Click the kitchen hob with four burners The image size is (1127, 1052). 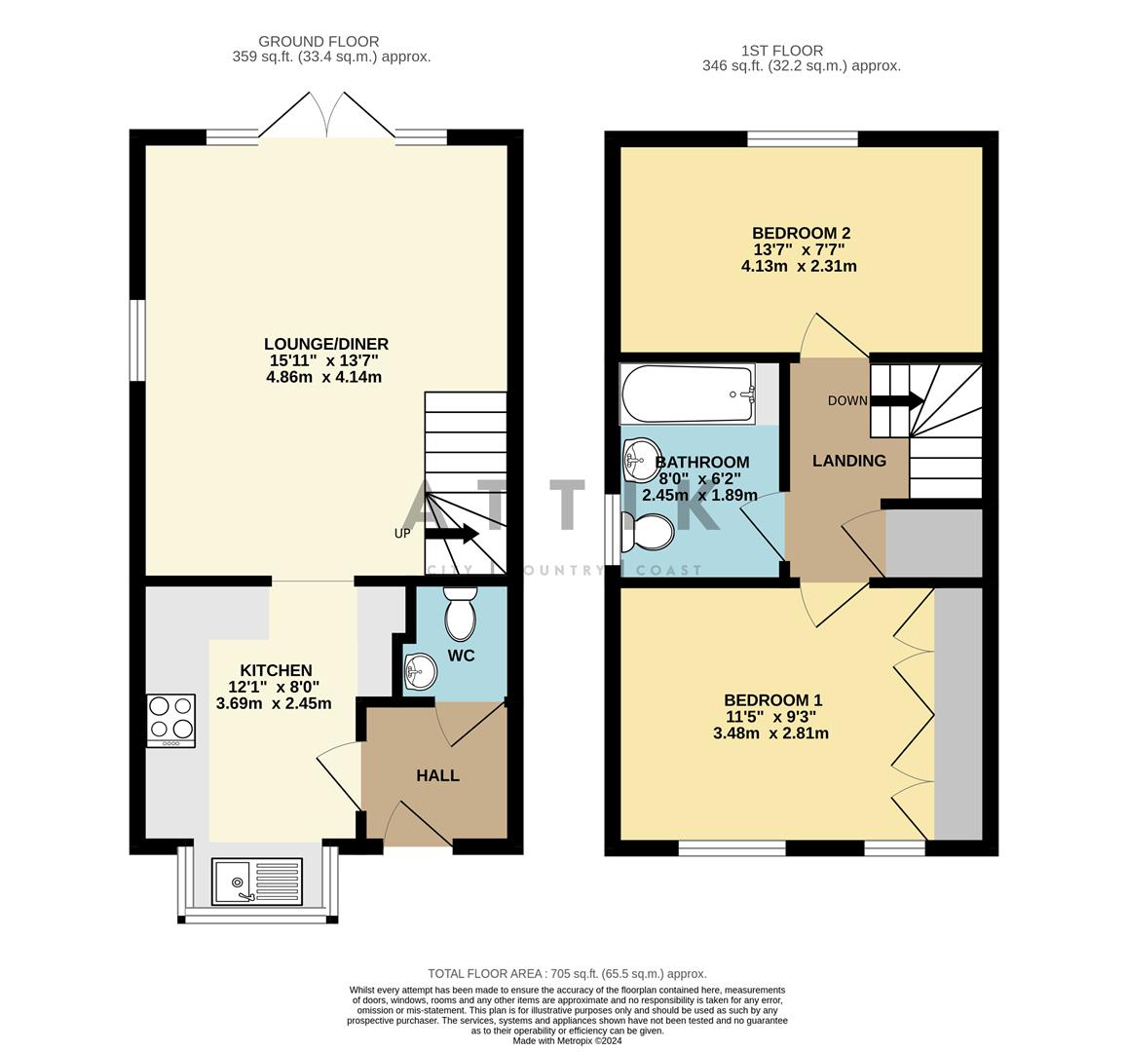pos(170,721)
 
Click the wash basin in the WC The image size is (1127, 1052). pos(421,671)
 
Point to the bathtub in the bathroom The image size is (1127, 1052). pos(689,394)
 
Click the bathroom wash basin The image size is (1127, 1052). pos(641,459)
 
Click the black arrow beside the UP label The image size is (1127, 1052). pos(452,533)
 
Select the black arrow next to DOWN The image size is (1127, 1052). pos(896,400)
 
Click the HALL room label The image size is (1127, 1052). pos(437,775)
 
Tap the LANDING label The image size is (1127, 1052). pos(849,461)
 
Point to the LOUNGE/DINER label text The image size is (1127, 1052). pos(325,344)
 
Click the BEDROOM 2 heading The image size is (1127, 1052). pos(801,233)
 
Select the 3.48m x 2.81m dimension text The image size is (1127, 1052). pos(770,733)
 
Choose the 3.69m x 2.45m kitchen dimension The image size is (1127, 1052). pos(274,703)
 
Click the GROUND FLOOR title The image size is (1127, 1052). pos(319,41)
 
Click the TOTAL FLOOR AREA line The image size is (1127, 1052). pos(567,973)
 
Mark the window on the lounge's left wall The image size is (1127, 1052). pos(138,341)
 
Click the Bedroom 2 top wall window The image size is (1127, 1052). pos(803,138)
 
